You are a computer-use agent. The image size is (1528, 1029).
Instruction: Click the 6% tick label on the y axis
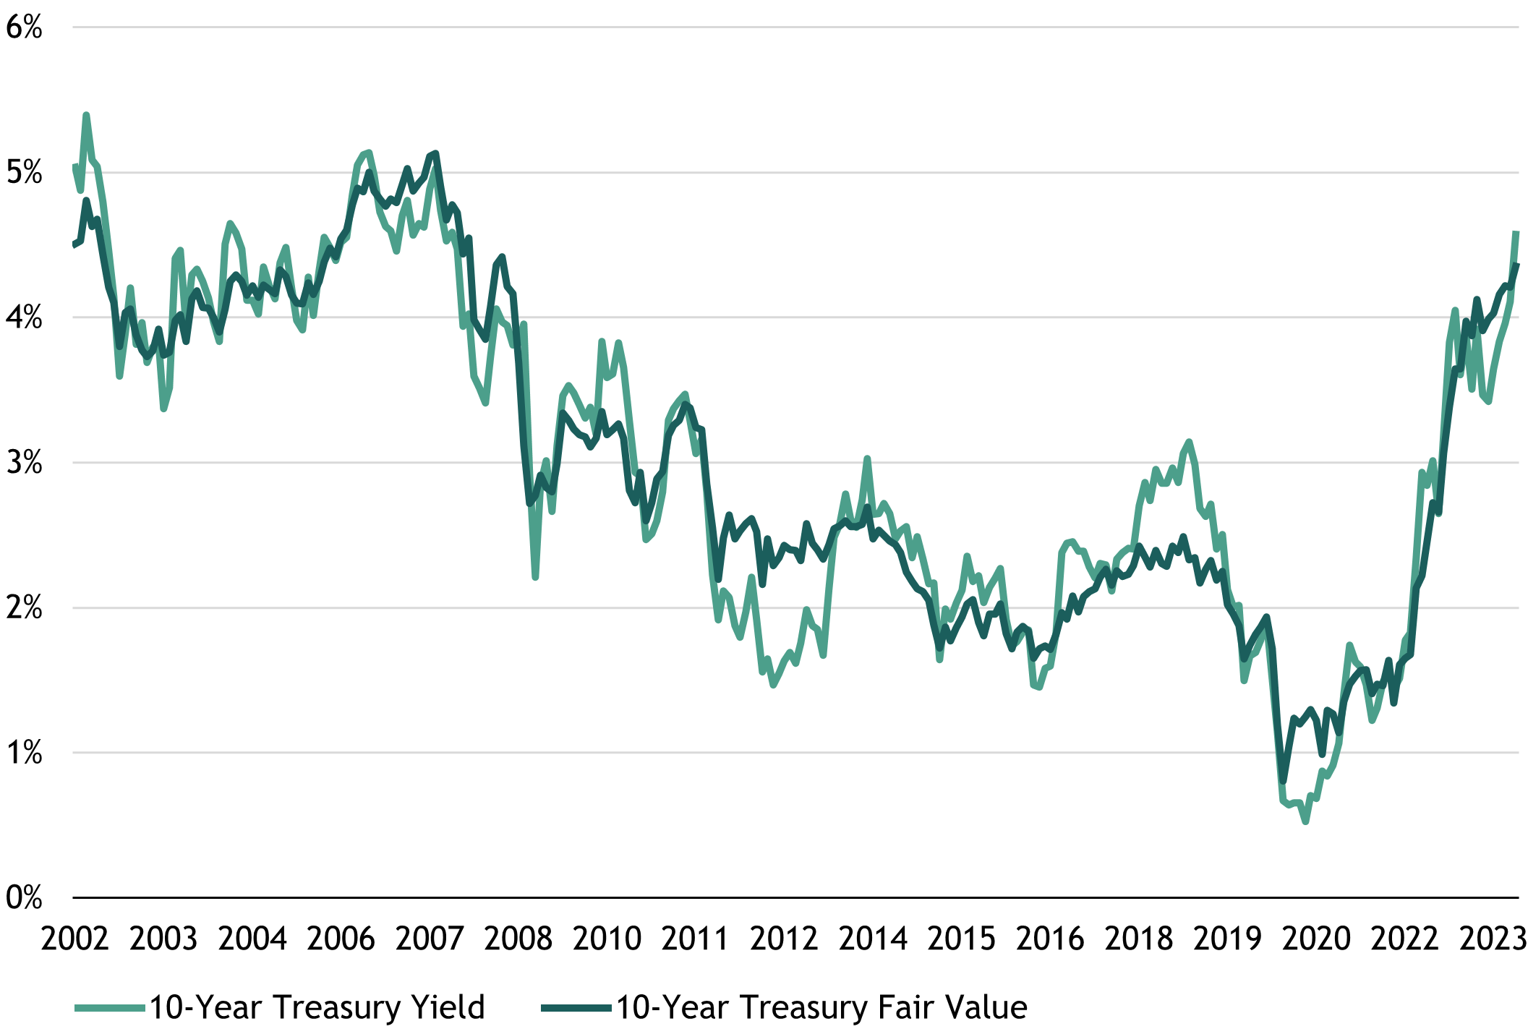(x=24, y=27)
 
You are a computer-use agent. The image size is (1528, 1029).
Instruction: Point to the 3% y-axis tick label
(x=24, y=463)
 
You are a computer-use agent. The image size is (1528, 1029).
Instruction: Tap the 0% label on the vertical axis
(x=24, y=898)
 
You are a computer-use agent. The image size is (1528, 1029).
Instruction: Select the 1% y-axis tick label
(x=24, y=753)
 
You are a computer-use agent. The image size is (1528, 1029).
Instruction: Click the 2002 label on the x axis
(x=74, y=939)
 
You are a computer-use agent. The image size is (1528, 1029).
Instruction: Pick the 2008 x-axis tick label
(x=518, y=939)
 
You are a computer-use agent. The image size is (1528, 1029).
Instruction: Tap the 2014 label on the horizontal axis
(x=873, y=939)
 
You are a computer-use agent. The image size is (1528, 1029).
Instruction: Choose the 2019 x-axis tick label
(x=1227, y=939)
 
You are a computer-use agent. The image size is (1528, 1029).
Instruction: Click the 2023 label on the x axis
(x=1493, y=939)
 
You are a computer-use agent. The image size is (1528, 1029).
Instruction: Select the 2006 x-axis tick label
(x=341, y=939)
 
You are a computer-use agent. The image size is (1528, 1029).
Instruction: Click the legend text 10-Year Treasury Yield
(x=317, y=1007)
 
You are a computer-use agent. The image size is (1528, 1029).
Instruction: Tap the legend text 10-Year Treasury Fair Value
(x=821, y=1007)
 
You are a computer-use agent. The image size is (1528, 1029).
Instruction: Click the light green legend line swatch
(x=110, y=1007)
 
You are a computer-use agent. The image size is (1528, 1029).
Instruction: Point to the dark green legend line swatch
(x=576, y=1007)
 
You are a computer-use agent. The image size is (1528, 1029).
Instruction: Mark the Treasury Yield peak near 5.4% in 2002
(x=86, y=115)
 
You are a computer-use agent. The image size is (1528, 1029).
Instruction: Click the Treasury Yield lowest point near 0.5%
(x=1305, y=821)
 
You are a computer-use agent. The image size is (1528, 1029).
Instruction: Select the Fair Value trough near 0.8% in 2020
(x=1283, y=781)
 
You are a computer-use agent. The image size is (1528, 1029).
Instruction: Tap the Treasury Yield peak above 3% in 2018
(x=1189, y=441)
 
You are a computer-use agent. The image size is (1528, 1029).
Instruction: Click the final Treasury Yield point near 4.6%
(x=1516, y=232)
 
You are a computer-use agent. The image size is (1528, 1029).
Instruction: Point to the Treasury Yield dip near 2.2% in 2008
(x=535, y=577)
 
